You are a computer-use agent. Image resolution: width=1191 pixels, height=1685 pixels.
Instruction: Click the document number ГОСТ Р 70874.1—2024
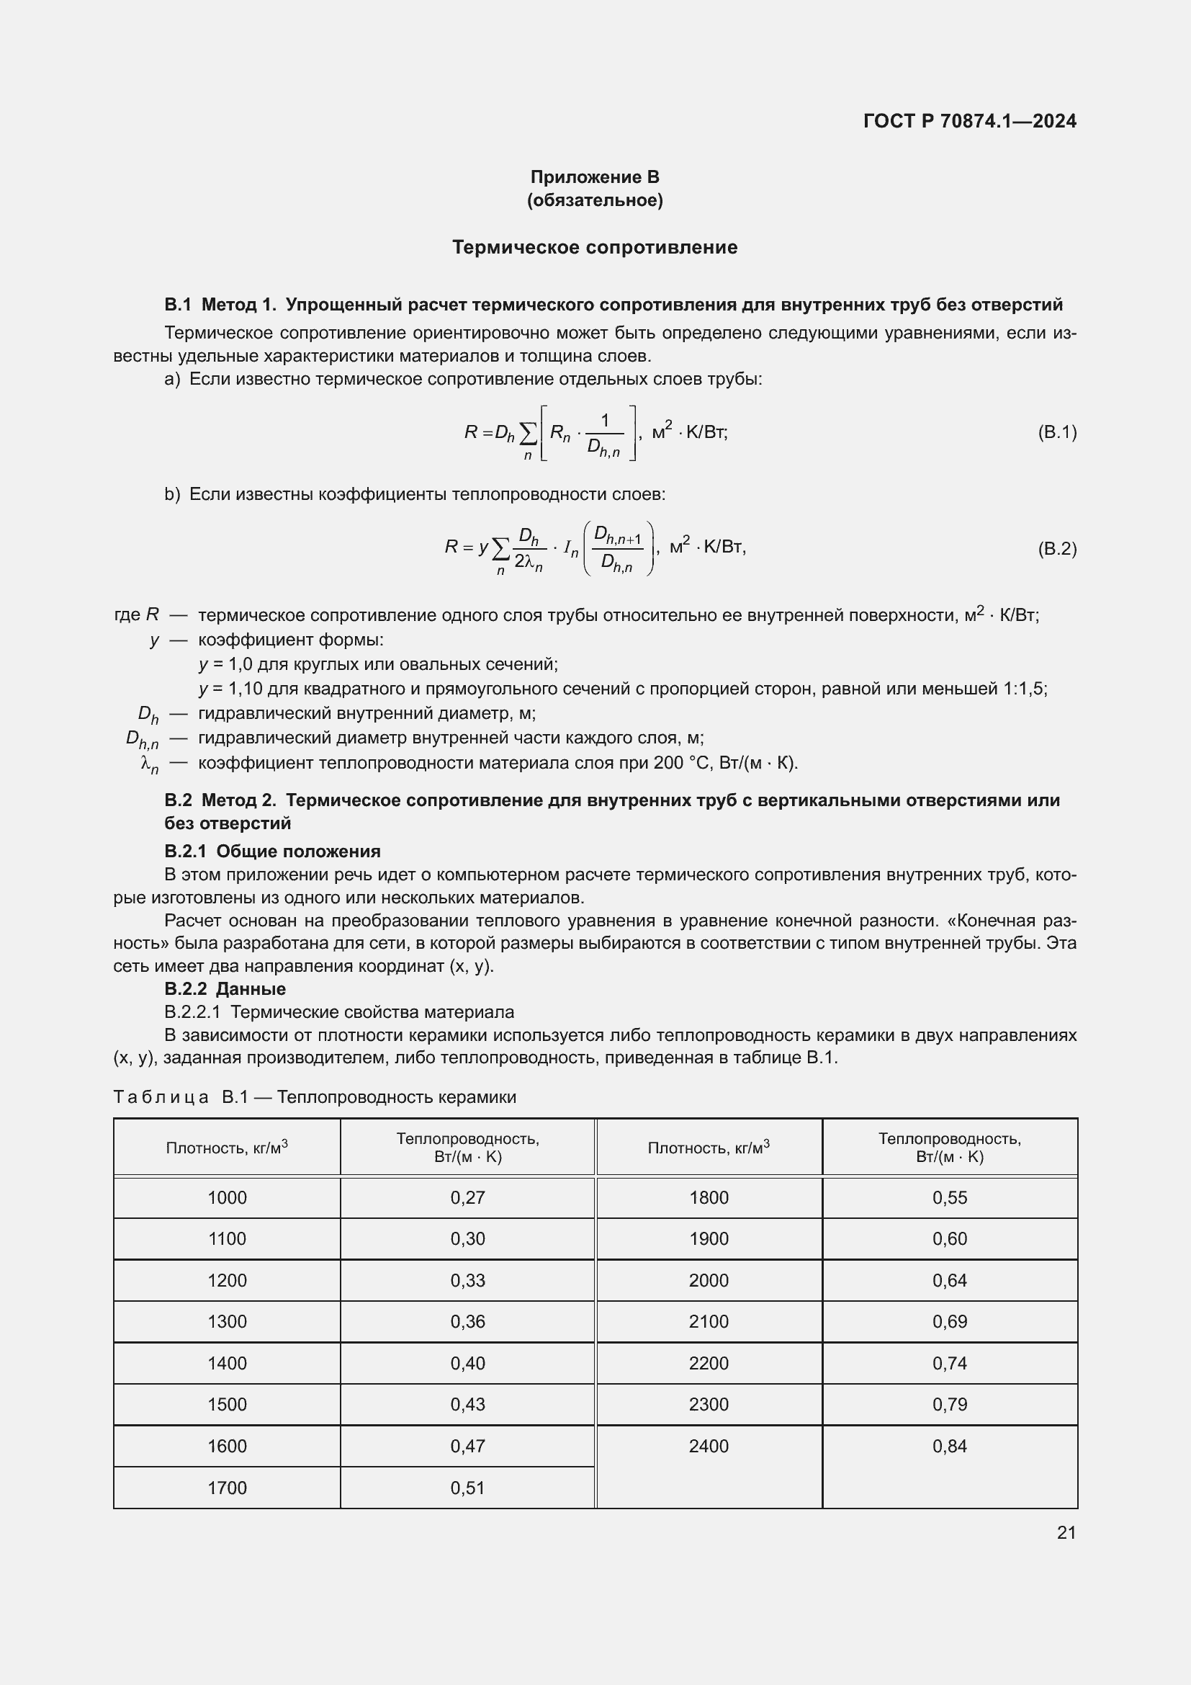(969, 121)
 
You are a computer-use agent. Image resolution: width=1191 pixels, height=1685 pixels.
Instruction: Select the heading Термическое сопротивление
(595, 247)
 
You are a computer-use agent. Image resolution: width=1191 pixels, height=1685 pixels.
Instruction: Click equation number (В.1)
(1057, 432)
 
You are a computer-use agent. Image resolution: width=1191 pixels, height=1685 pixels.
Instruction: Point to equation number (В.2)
(1057, 548)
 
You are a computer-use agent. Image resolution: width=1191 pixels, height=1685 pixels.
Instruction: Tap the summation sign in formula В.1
(527, 434)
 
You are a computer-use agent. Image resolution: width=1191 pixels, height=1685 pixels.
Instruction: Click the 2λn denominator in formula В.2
(529, 562)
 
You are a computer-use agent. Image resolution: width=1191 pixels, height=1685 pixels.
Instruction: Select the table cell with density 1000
(228, 1198)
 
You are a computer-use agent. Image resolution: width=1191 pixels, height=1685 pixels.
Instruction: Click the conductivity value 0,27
(468, 1198)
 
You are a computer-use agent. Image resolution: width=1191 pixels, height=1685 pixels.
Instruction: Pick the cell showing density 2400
(709, 1446)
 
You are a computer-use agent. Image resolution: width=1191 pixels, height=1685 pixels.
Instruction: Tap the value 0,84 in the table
(950, 1446)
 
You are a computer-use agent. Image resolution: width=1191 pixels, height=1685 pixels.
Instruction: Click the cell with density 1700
(228, 1488)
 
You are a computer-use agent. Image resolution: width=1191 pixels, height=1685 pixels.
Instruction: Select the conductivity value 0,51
(468, 1488)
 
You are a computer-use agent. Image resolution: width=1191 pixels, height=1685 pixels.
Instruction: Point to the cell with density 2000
(709, 1281)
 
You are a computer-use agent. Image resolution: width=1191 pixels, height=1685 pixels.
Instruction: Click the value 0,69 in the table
(950, 1322)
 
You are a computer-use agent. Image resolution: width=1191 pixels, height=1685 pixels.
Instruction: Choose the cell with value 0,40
(468, 1363)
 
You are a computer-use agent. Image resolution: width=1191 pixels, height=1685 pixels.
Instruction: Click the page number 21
(1066, 1532)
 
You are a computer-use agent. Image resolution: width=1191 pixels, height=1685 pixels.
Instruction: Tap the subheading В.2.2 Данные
(225, 988)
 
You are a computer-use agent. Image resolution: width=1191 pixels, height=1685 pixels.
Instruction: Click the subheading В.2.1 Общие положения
(272, 852)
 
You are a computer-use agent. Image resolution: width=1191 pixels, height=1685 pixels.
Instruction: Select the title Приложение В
(595, 177)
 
